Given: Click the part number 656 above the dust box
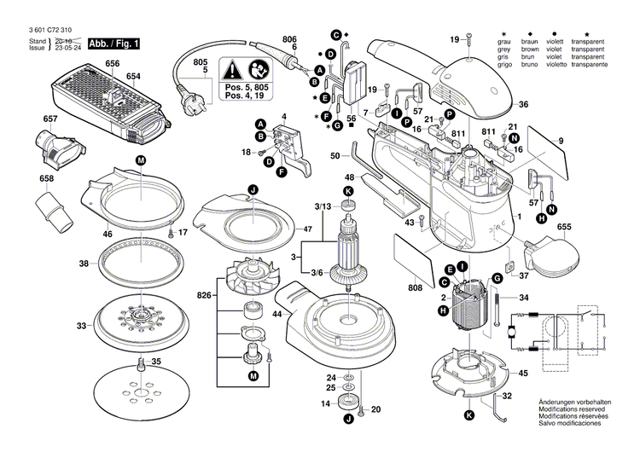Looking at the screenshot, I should pos(113,65).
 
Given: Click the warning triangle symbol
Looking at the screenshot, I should pos(235,70).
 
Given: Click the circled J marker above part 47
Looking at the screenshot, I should pos(253,188).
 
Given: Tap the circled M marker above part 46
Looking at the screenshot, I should pos(140,160).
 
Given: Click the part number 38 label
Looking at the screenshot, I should pos(83,264).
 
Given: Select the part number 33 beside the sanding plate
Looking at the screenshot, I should pos(81,326).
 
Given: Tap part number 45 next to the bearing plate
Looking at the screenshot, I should pos(522,373).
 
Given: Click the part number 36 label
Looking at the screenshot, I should pos(523,105).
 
